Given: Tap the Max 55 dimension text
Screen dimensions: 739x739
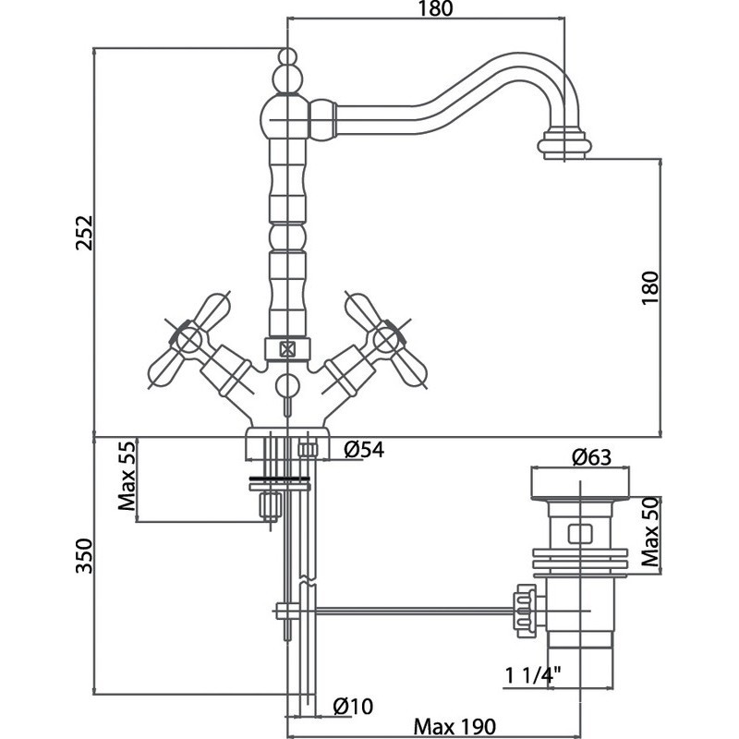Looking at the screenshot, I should click(127, 479).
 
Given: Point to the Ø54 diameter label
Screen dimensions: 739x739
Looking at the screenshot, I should click(363, 450).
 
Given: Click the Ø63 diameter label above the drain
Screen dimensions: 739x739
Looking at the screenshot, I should click(590, 455).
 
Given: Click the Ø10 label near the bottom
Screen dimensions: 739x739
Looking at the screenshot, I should click(353, 707).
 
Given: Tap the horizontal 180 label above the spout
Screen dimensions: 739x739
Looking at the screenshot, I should click(428, 10).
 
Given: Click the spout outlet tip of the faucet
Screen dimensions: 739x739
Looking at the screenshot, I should click(563, 148).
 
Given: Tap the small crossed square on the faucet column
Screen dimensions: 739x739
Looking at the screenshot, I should click(286, 349).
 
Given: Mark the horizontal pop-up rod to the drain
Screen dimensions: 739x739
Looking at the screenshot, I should click(416, 610).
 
